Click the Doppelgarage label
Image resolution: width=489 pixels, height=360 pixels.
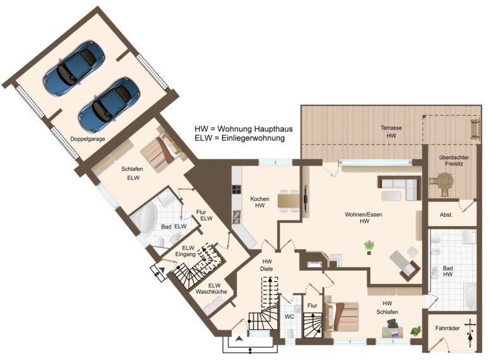[x=87, y=139]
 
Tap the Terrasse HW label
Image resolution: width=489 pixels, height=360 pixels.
[x=391, y=132]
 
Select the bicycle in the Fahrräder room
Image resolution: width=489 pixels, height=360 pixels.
[x=470, y=333]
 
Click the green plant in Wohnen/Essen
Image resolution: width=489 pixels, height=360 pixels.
[x=369, y=246]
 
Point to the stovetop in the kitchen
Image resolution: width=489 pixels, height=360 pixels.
[x=237, y=189]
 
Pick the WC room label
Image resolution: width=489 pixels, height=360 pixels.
[x=290, y=316]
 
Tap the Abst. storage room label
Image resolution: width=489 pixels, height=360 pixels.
[x=446, y=215]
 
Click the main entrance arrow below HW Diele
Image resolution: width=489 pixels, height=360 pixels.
[x=239, y=339]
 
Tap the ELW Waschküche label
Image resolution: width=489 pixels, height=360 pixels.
[x=211, y=289]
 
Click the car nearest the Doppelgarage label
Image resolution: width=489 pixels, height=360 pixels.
[x=109, y=104]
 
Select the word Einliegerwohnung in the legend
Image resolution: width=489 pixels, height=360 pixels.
[x=253, y=138]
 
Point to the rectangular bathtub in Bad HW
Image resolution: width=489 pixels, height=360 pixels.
[x=469, y=296]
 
